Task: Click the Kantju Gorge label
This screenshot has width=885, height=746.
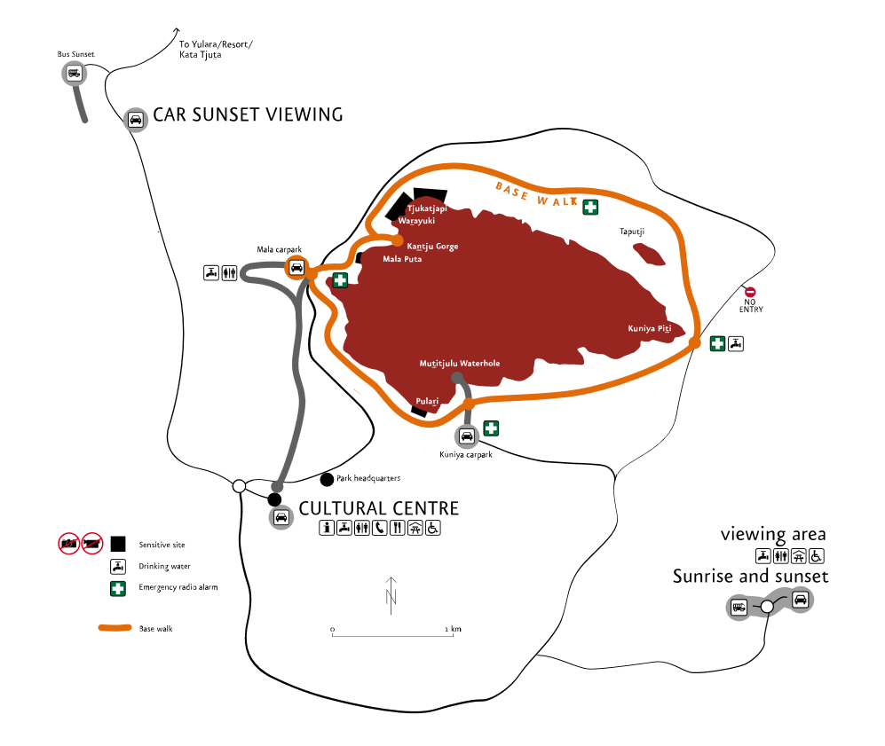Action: [432, 247]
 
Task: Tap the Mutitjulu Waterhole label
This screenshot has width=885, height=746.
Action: [459, 364]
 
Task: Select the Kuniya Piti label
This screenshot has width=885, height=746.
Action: [650, 329]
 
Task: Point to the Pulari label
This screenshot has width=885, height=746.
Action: [427, 402]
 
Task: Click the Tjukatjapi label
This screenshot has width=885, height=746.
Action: [427, 209]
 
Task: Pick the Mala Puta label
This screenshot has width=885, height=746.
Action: [402, 260]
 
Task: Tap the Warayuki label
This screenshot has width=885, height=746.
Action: [416, 221]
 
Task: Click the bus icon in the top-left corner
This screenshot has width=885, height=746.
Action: [75, 73]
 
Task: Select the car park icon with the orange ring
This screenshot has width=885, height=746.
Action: [296, 267]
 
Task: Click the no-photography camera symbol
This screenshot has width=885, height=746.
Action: [69, 543]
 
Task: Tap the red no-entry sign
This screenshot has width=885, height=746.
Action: [750, 292]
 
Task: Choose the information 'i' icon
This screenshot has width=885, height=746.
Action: [327, 528]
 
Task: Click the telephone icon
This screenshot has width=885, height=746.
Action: [380, 528]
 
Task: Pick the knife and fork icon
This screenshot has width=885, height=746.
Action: [397, 528]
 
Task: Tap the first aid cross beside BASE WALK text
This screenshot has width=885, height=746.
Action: [590, 208]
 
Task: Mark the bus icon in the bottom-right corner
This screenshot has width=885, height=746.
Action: [739, 607]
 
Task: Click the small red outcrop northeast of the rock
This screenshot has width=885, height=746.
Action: [649, 255]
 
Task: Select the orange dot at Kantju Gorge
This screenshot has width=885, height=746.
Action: [397, 240]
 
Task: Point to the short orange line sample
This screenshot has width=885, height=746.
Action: [115, 627]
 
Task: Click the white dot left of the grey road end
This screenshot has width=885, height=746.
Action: [239, 486]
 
